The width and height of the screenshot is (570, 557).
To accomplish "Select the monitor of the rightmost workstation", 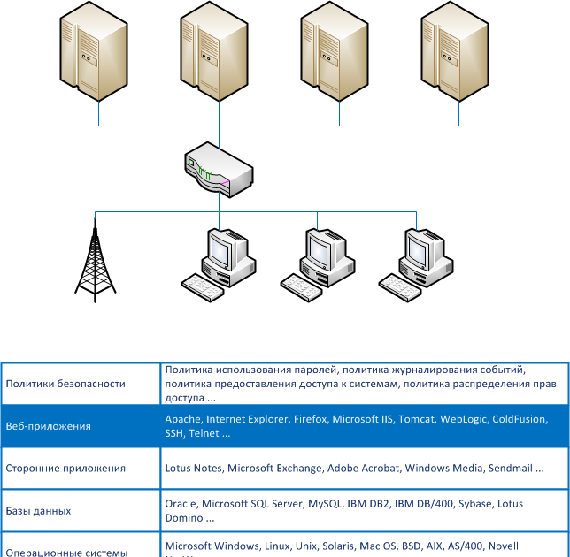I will tap(417, 249).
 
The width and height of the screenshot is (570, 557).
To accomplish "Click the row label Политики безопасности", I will tap(65, 384).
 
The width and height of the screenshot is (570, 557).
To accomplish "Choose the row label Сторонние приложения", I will tap(65, 469).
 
